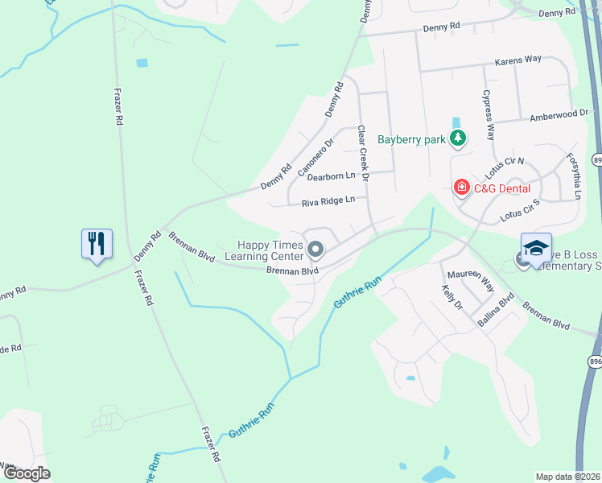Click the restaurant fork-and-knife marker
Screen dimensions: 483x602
[97, 242]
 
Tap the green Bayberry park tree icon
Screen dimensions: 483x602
[458, 139]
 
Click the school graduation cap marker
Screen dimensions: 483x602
[536, 247]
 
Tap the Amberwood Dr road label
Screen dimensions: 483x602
[559, 116]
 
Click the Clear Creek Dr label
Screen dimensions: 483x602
[363, 153]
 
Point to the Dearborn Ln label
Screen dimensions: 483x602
[332, 175]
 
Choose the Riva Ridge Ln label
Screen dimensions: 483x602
[328, 202]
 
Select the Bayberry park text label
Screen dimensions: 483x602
[411, 139]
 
